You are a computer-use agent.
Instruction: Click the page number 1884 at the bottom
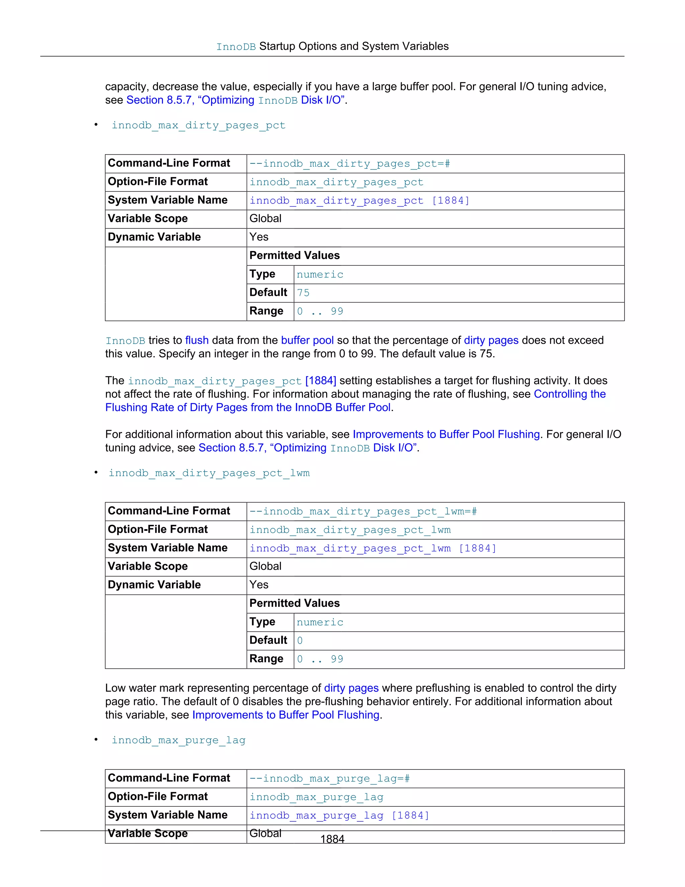(x=332, y=839)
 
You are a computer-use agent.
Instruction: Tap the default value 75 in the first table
(x=303, y=293)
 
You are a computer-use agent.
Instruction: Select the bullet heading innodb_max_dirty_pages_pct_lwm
(x=209, y=473)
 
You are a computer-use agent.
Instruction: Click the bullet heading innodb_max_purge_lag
(x=179, y=740)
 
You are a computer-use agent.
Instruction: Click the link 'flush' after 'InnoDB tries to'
(x=197, y=340)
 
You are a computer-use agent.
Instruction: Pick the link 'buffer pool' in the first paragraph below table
(x=307, y=340)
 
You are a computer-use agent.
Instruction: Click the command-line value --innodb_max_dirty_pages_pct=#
(x=350, y=164)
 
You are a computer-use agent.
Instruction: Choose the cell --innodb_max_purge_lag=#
(x=329, y=779)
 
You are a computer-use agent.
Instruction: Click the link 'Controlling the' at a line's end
(x=569, y=394)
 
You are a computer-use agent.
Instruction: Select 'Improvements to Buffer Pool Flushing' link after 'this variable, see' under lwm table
(x=286, y=715)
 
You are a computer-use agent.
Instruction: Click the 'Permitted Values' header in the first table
(x=294, y=255)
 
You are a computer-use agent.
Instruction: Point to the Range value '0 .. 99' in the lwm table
(x=320, y=659)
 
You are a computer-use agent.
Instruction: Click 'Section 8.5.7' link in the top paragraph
(x=159, y=100)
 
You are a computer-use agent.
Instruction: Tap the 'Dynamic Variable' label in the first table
(x=154, y=237)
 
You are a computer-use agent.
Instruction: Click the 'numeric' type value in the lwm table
(x=320, y=622)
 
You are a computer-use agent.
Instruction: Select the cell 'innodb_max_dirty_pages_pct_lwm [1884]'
(x=373, y=548)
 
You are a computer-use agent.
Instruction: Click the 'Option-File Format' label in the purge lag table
(x=158, y=796)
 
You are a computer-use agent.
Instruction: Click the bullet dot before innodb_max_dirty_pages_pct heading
(x=96, y=125)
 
